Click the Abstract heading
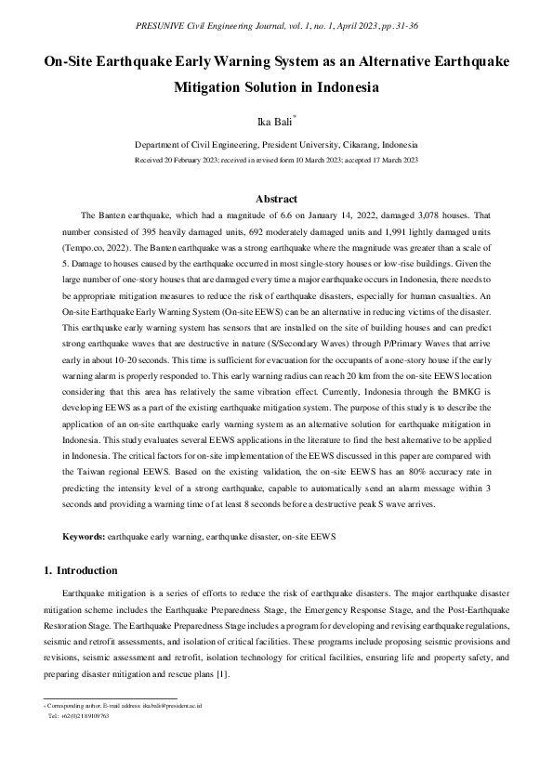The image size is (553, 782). pyautogui.click(x=276, y=199)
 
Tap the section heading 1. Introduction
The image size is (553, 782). pyautogui.click(x=81, y=569)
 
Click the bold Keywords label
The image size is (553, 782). pyautogui.click(x=84, y=537)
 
